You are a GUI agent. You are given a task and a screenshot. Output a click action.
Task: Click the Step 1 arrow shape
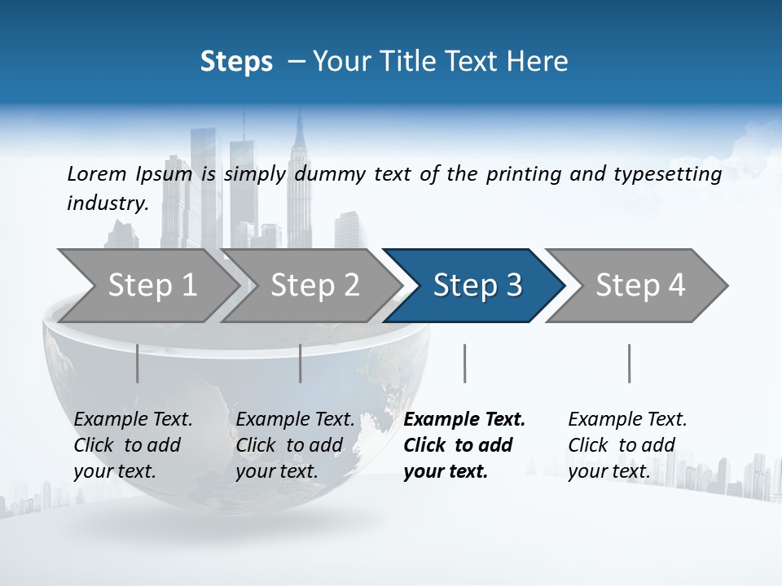[x=152, y=286]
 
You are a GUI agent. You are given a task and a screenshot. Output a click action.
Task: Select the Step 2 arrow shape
[x=314, y=286]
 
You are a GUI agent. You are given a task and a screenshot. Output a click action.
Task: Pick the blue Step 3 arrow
[x=477, y=286]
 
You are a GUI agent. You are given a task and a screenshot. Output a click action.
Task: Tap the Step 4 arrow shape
[x=640, y=286]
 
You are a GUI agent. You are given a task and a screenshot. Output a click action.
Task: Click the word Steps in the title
[x=236, y=62]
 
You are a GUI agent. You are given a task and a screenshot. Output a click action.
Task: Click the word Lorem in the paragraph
[x=96, y=173]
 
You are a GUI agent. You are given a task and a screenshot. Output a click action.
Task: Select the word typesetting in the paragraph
[x=668, y=173]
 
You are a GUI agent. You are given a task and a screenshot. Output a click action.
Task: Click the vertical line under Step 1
[x=137, y=363]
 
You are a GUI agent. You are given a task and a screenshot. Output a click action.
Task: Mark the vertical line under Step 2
[x=301, y=363]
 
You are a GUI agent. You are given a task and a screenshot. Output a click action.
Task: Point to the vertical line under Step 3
[x=464, y=363]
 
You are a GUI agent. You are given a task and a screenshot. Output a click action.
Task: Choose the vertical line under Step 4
[x=629, y=363]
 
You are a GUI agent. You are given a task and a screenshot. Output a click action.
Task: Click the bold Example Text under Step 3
[x=464, y=420]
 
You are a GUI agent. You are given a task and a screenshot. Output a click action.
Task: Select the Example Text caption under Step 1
[x=133, y=420]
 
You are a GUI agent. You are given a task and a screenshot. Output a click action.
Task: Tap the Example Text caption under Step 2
[x=295, y=420]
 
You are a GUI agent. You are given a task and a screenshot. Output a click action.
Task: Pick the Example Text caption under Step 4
[x=627, y=420]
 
